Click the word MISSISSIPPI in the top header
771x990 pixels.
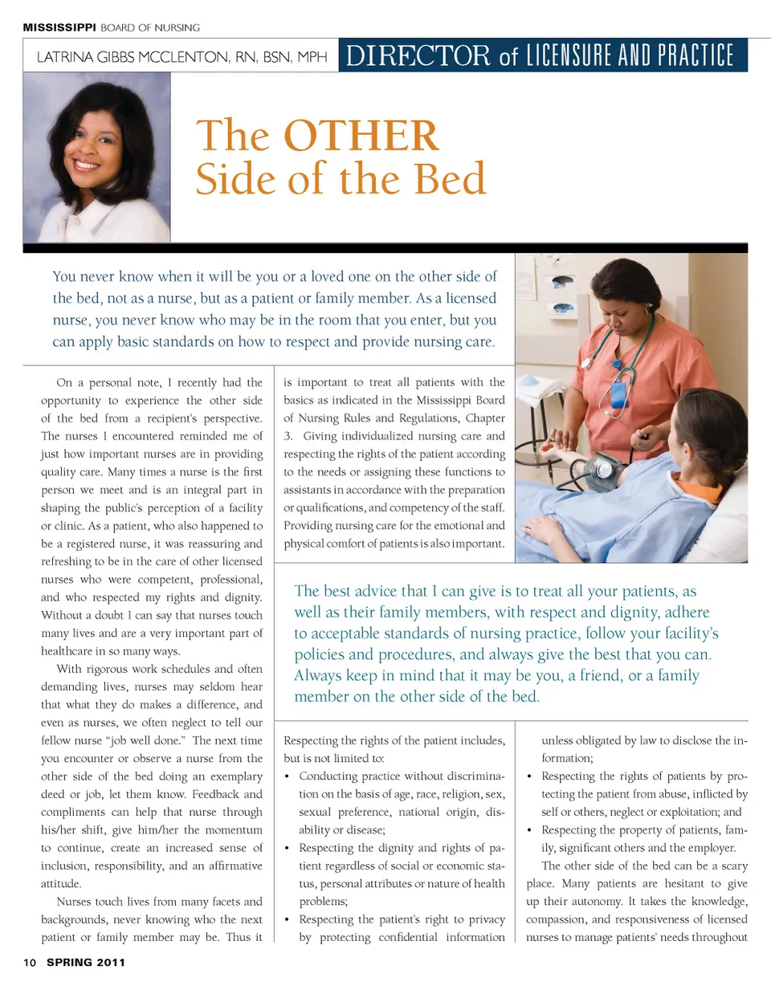pos(59,27)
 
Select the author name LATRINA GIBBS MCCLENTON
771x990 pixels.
pos(133,57)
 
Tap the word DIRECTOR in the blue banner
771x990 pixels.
pos(418,55)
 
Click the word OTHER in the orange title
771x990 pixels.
pos(361,136)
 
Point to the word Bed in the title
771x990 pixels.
pos(451,179)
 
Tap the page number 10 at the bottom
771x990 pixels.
pos(30,962)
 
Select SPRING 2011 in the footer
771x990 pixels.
pos(86,962)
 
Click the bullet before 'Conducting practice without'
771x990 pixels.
pos(288,776)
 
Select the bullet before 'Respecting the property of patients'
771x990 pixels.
pos(529,830)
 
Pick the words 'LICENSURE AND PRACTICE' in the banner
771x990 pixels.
pos(630,55)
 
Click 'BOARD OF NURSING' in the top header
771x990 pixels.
pos(150,27)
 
